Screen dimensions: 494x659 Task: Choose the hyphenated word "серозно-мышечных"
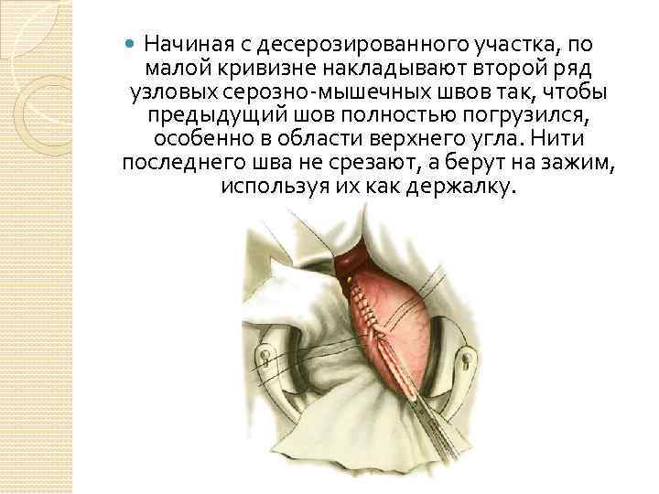point(338,91)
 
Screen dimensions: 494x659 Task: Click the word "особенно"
point(198,139)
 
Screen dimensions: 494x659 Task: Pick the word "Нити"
point(558,139)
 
